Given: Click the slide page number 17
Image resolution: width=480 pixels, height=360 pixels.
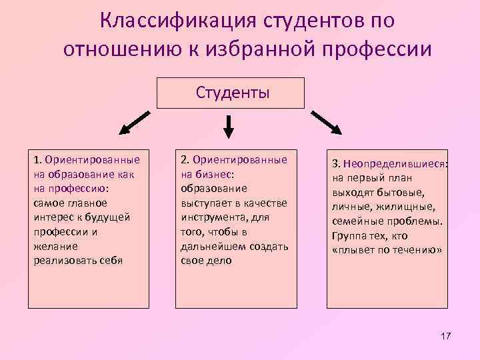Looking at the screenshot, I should click(445, 335).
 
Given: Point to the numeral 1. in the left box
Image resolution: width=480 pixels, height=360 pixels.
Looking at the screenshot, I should click(37, 160).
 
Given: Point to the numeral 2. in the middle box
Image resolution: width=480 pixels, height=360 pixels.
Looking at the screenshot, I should click(185, 160).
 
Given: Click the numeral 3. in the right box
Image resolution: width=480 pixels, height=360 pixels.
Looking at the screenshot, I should click(337, 165).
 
